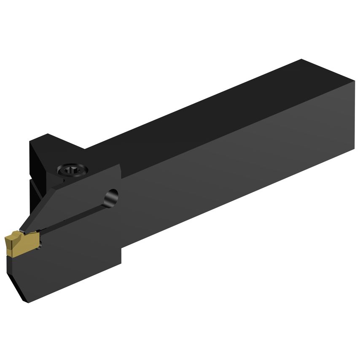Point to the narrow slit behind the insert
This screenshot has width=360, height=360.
pos(76,215)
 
